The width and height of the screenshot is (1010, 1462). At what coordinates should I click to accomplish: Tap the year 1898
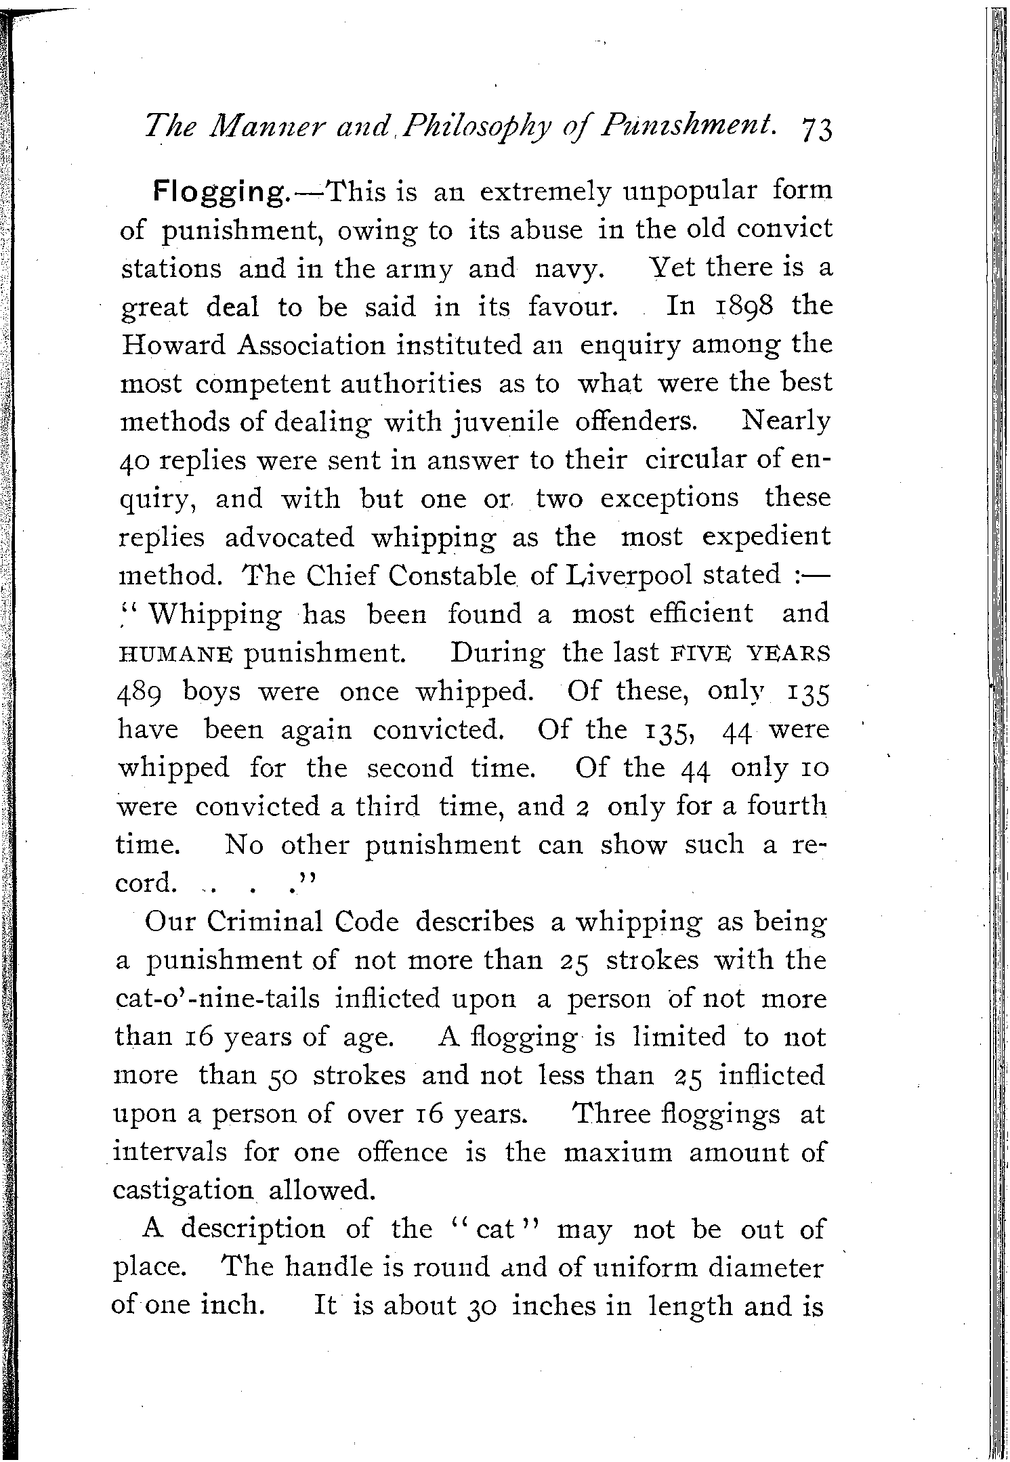click(x=742, y=306)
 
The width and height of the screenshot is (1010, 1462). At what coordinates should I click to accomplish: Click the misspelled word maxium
click(x=618, y=1153)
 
